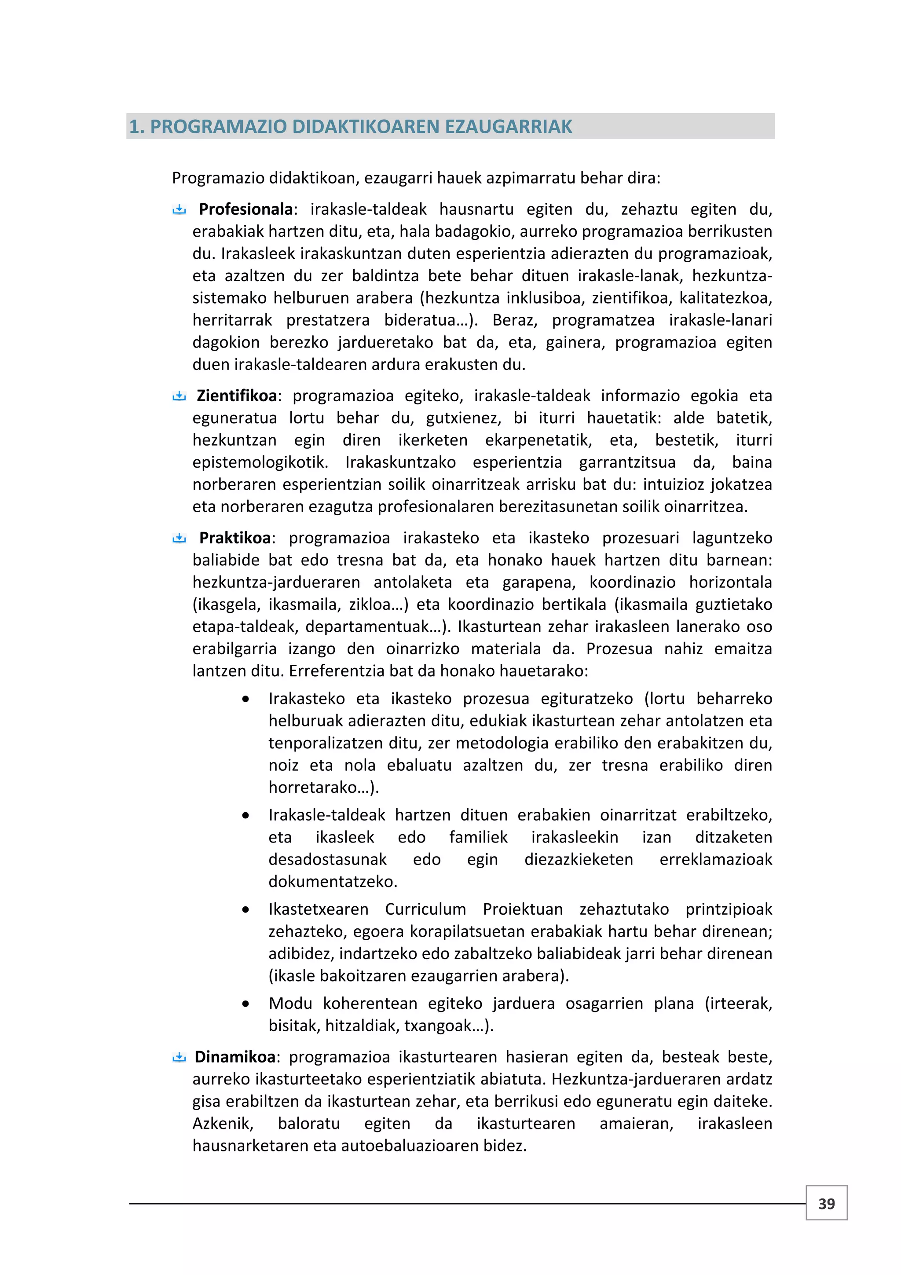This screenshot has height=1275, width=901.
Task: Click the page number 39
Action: [826, 1203]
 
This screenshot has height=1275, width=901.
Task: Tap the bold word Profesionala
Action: [246, 209]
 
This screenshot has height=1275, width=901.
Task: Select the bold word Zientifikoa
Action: [237, 396]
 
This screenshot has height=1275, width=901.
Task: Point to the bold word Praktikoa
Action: [235, 538]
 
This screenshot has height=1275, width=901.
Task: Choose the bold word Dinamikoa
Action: [235, 1056]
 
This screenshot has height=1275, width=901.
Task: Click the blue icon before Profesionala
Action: [179, 209]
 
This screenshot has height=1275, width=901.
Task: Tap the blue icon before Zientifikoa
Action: [179, 396]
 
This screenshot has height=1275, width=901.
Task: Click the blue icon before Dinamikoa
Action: [179, 1057]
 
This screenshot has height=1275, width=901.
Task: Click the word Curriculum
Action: [425, 909]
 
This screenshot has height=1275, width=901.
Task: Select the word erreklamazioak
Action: [716, 859]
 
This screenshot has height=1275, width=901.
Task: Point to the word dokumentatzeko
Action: [333, 881]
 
